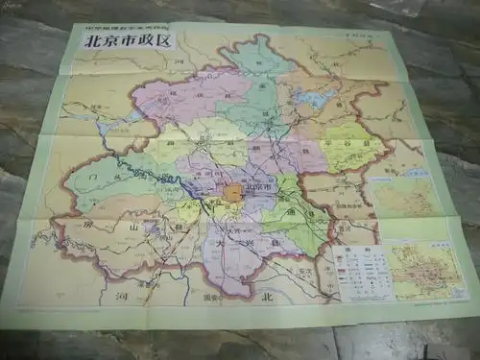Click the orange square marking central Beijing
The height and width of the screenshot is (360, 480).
[x=233, y=193]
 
